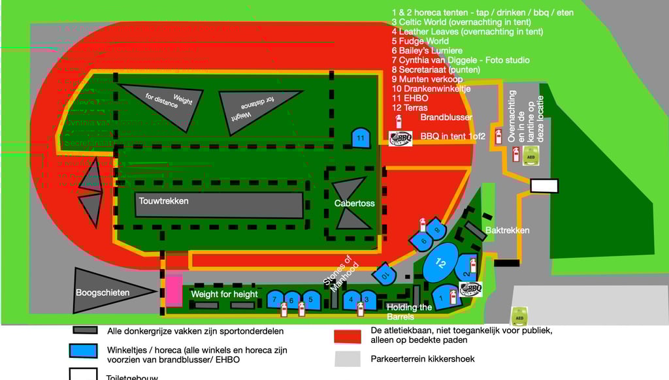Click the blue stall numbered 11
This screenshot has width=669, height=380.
point(361,138)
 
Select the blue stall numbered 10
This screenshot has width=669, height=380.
point(385,274)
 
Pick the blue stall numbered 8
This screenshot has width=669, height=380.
point(436,229)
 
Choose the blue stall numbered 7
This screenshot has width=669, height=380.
point(275,300)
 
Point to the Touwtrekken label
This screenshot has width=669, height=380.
point(163,201)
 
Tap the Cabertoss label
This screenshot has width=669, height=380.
point(355,204)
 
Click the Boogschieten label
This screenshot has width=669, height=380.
point(103,293)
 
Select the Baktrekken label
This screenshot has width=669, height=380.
point(507,230)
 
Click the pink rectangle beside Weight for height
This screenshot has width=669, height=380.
point(174,291)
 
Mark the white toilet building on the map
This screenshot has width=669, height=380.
point(544,186)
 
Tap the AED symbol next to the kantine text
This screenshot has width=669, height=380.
point(530,156)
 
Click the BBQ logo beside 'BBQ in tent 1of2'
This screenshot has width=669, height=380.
point(400,138)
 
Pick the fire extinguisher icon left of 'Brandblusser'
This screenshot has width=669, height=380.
point(400,121)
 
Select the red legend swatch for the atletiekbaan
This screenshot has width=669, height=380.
point(347,336)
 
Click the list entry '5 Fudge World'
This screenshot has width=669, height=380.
point(420,41)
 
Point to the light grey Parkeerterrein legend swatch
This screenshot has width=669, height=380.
point(347,358)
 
